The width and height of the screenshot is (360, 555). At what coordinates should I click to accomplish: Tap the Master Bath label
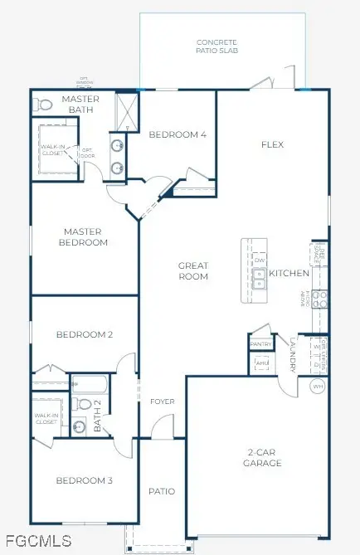point(80,105)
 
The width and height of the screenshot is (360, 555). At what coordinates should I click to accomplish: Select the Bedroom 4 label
point(178,134)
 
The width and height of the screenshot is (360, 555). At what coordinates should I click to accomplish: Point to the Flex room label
point(272,144)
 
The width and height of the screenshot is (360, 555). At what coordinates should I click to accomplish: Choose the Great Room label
point(192,271)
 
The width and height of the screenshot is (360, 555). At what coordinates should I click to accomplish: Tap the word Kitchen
point(289,273)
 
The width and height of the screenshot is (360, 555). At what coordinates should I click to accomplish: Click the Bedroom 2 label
point(84,335)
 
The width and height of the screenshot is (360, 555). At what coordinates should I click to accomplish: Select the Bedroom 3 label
point(84,480)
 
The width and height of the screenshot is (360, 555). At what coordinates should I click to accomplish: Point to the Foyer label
point(162,402)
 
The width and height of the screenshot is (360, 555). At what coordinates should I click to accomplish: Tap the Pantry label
point(261,344)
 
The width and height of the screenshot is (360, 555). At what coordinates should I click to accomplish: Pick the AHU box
point(261,363)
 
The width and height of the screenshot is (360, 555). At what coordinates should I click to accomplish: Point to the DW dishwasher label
point(260,260)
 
